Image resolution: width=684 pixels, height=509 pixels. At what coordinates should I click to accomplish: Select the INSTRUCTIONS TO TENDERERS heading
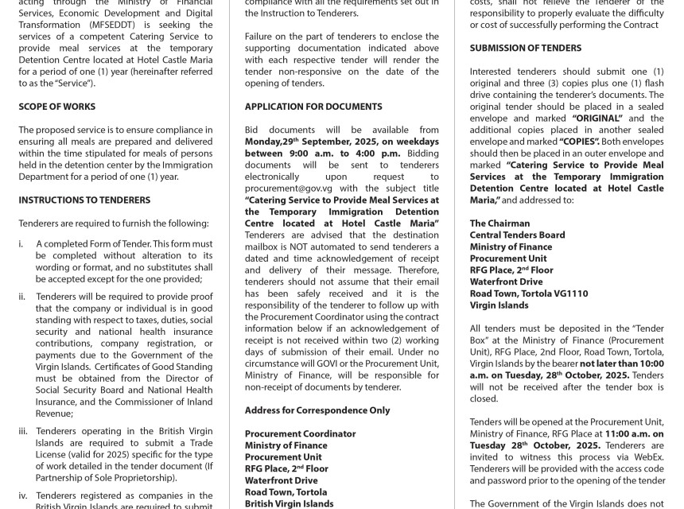(84, 200)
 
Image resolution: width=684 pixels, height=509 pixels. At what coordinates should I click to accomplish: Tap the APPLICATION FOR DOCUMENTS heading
(313, 107)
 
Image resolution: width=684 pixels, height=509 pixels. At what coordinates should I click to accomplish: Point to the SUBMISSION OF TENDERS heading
(526, 48)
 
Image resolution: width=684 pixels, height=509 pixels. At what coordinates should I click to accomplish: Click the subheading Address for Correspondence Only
(317, 410)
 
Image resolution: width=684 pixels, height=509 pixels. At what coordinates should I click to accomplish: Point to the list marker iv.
(24, 495)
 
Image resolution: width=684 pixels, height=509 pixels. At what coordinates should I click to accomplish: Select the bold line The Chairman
(499, 223)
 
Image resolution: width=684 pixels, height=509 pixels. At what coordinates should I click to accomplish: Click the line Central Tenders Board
(517, 235)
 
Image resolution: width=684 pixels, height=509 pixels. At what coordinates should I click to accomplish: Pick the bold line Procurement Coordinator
(301, 433)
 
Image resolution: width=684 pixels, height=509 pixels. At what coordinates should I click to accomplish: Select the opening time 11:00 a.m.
(628, 433)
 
